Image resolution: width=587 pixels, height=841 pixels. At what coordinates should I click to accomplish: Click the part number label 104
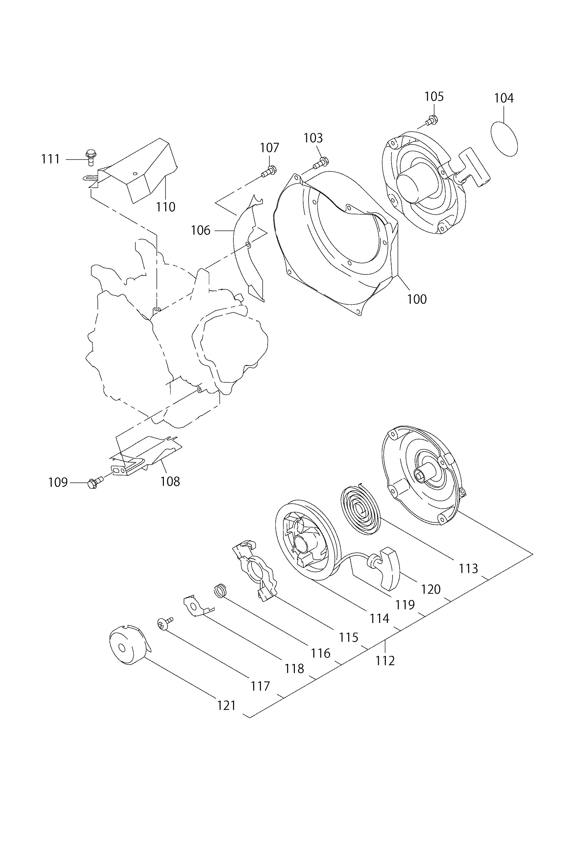click(x=504, y=98)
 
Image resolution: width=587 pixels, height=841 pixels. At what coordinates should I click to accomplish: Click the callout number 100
click(x=417, y=299)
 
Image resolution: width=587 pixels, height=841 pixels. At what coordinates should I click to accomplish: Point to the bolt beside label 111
click(x=90, y=156)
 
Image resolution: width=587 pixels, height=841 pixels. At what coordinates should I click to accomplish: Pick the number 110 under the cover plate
click(x=166, y=207)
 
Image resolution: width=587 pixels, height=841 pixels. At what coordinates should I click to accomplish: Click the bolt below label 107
click(x=269, y=171)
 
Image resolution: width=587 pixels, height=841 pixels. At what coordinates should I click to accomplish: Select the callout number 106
click(x=201, y=230)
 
